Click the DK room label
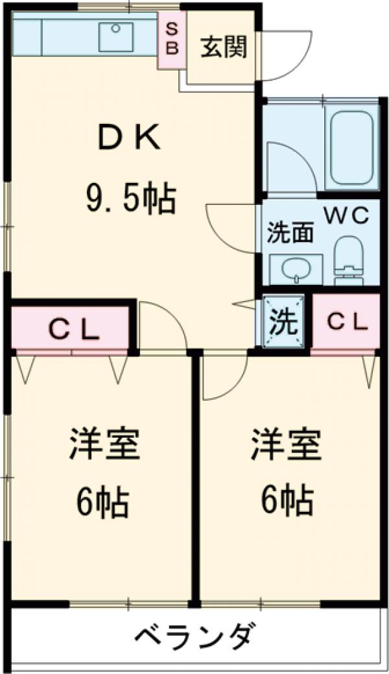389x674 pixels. click(129, 137)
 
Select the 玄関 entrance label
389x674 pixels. click(222, 49)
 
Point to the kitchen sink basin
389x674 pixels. click(116, 36)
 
